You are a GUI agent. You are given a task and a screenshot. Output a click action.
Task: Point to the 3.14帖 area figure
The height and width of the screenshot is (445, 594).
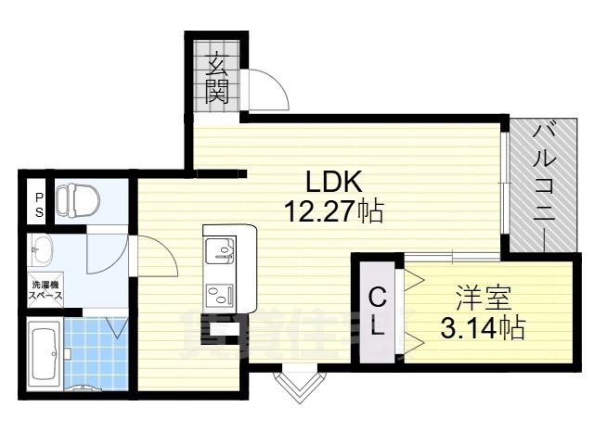coord(482,327)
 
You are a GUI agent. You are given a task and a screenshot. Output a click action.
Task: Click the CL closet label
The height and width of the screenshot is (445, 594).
coord(378,312)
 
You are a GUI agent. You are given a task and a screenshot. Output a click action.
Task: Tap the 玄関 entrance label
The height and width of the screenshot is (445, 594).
coord(217,78)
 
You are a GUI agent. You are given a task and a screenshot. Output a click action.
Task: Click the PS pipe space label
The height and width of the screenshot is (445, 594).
coord(39,204)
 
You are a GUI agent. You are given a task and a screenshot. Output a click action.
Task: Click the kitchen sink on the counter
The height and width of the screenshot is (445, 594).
coord(224,248)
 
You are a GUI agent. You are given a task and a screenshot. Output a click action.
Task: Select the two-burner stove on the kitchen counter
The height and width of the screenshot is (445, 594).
coord(224,296)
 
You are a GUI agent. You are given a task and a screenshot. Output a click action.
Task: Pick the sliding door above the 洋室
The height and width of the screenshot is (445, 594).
coord(427,255)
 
